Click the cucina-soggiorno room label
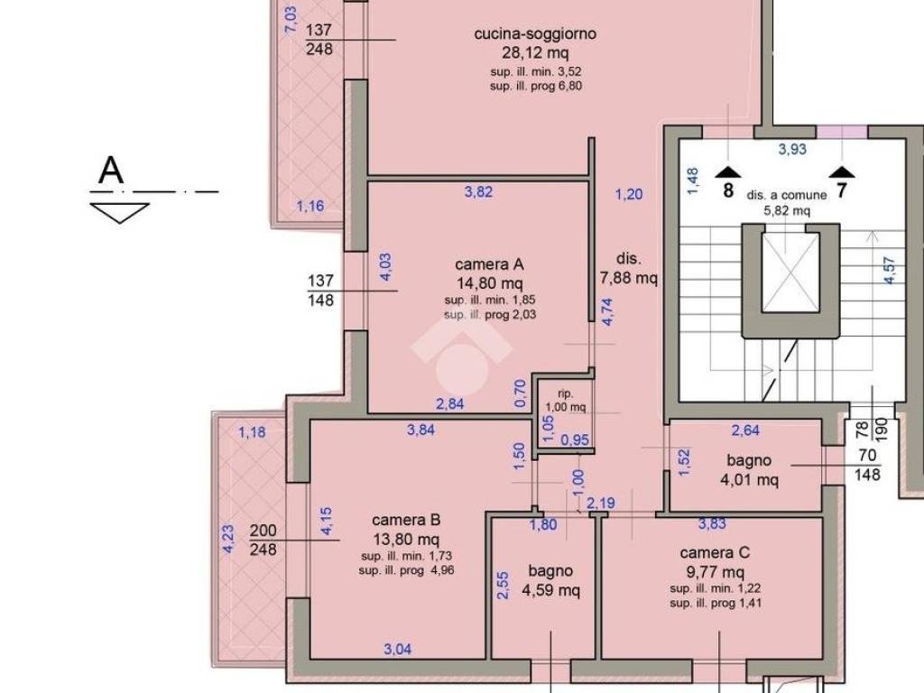(x=535, y=34)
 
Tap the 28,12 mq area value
(x=535, y=53)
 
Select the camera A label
(x=489, y=264)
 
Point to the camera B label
(x=406, y=521)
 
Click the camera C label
(x=715, y=553)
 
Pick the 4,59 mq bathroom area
(x=551, y=590)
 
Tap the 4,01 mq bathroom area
(x=749, y=480)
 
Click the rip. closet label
(x=566, y=393)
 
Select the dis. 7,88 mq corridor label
(x=629, y=268)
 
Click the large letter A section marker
(x=111, y=171)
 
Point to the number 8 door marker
(x=728, y=190)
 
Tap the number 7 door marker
(x=842, y=190)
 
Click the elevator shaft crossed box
(x=790, y=273)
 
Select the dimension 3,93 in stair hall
(x=792, y=149)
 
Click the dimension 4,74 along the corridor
(x=607, y=311)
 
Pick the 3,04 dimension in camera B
(x=398, y=650)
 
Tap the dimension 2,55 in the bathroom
(x=503, y=586)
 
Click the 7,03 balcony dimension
(x=291, y=20)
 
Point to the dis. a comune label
(x=787, y=195)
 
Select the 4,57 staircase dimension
(x=890, y=271)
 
